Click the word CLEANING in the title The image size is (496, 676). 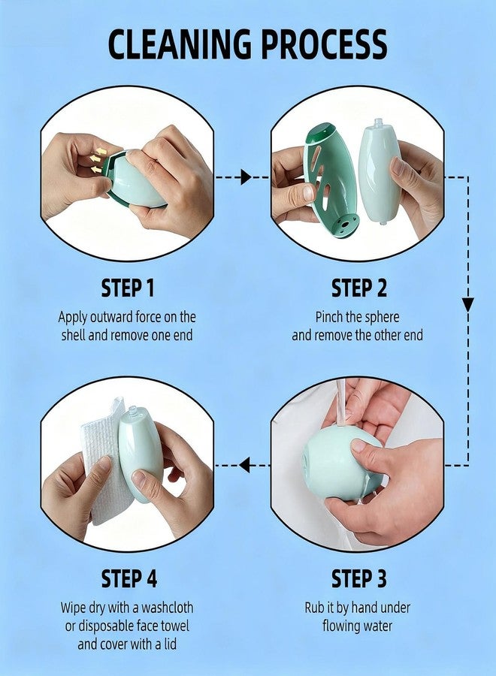click(x=179, y=44)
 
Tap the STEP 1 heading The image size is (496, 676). click(x=128, y=288)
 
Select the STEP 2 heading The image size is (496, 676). click(x=358, y=288)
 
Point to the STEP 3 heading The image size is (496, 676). click(x=358, y=578)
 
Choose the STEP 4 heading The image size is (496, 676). click(x=129, y=578)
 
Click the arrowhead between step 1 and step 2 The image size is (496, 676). click(x=246, y=177)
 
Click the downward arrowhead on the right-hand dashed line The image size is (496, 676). click(x=468, y=304)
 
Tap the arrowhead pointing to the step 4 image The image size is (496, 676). click(x=244, y=465)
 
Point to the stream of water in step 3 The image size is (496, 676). click(x=342, y=403)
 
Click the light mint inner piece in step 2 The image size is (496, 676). click(x=380, y=171)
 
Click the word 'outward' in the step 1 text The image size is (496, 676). click(x=106, y=317)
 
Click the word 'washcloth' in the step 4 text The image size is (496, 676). click(x=168, y=608)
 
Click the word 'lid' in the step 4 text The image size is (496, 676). click(x=171, y=644)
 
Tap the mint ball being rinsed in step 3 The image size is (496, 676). click(x=340, y=463)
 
